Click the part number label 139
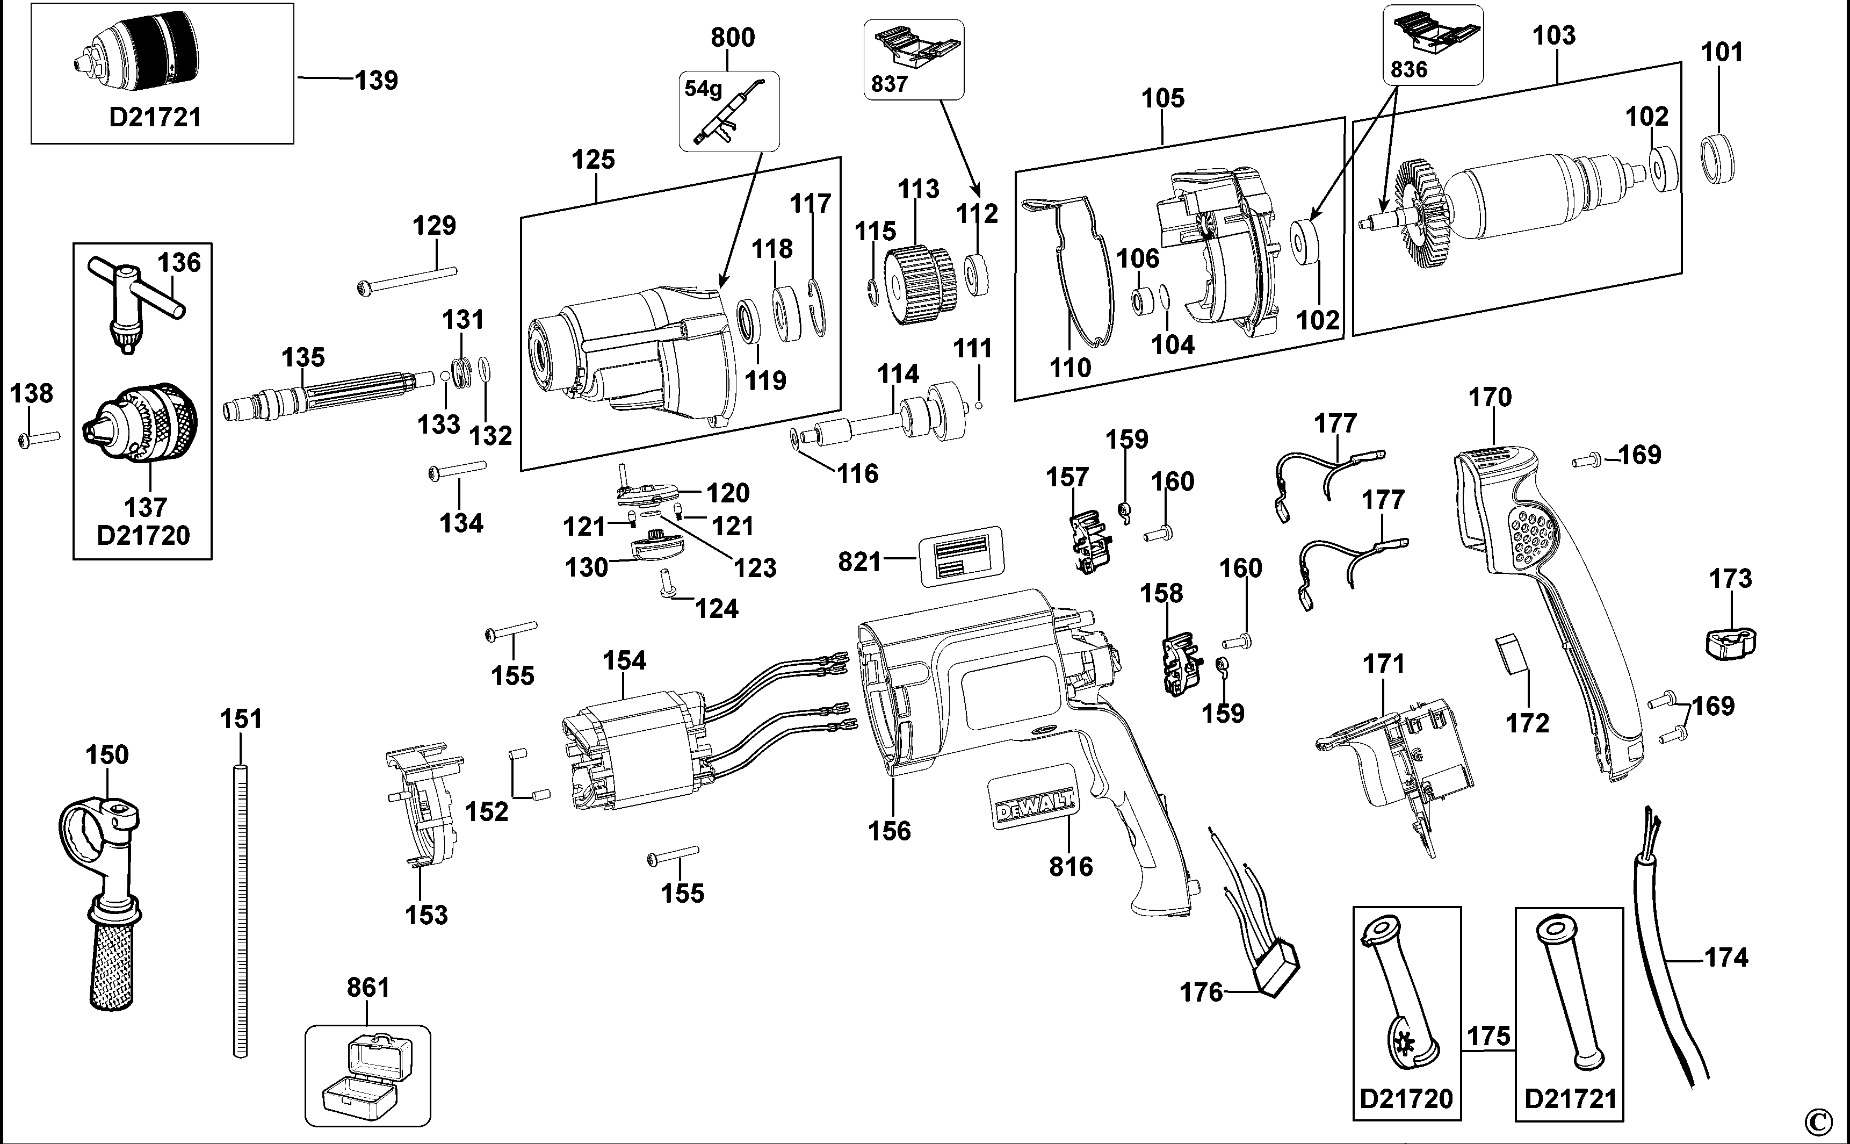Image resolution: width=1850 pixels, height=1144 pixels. click(376, 80)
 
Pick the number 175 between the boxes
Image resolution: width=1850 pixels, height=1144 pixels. click(1488, 1035)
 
